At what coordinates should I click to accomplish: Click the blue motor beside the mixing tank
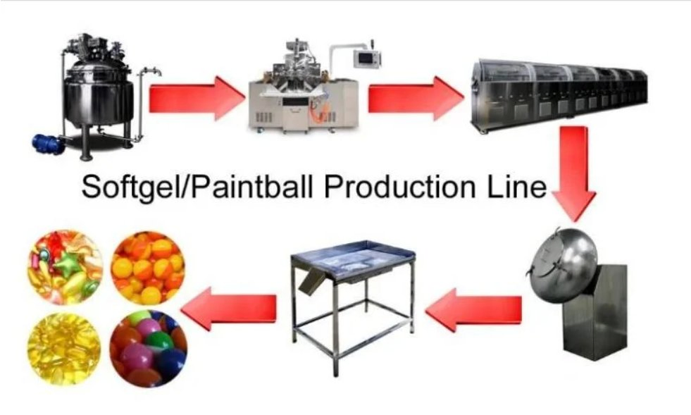tap(48, 143)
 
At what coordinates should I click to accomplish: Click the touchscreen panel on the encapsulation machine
tap(367, 59)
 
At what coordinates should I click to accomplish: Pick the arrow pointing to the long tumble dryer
tap(416, 99)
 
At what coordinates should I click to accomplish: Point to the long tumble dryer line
tap(559, 94)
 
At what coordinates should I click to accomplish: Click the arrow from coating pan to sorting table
tap(474, 310)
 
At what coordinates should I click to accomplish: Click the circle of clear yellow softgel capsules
tap(64, 348)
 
